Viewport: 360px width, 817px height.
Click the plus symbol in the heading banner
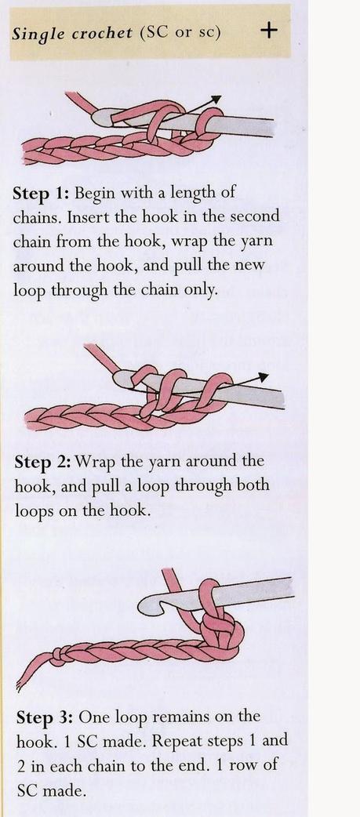coord(268,31)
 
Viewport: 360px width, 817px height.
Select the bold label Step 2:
coord(43,462)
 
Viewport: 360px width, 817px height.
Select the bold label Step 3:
coord(45,717)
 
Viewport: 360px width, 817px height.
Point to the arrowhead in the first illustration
coord(216,99)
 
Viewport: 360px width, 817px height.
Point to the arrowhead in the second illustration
coord(263,376)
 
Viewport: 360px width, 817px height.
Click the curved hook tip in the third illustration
coord(151,605)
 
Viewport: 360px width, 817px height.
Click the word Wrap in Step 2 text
coord(96,463)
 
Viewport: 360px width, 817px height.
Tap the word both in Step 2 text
coord(252,485)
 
